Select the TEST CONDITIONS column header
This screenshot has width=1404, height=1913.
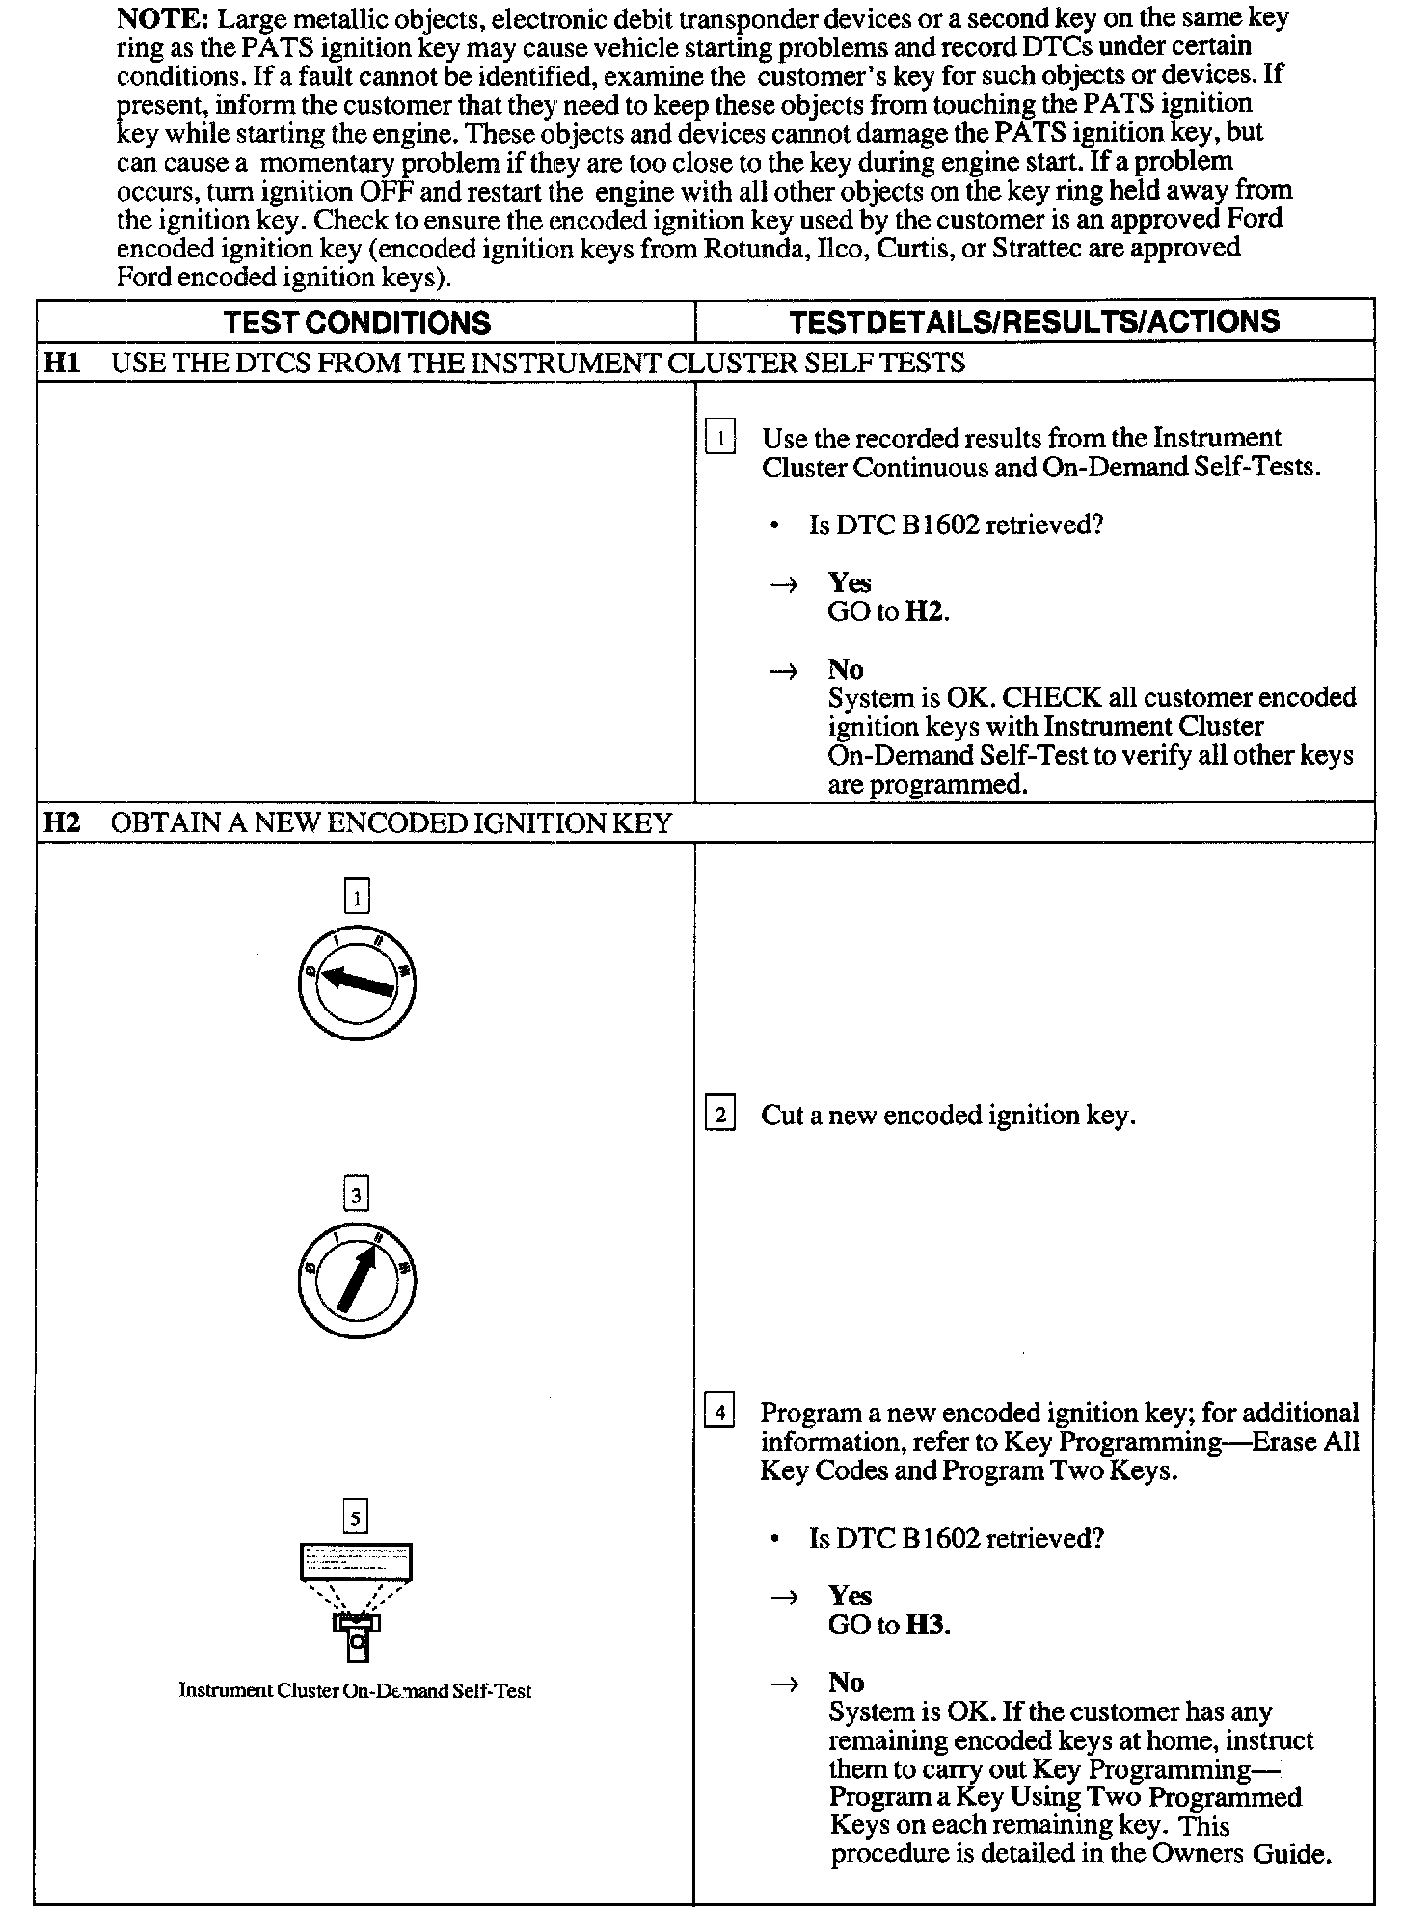[x=357, y=322]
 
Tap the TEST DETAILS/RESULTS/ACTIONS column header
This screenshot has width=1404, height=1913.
[x=1035, y=322]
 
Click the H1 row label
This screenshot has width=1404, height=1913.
[x=62, y=364]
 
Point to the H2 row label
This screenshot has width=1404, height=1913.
[x=62, y=823]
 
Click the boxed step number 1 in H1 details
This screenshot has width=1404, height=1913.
[x=720, y=439]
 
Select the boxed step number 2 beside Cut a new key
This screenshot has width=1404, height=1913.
[x=720, y=1116]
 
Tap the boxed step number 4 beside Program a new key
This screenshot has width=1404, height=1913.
[x=719, y=1414]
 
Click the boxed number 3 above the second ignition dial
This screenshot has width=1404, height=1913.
[x=357, y=1197]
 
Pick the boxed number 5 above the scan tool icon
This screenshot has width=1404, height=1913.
[x=356, y=1520]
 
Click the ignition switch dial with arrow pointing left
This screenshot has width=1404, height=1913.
[x=357, y=983]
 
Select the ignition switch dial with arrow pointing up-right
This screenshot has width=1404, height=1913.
[x=357, y=1280]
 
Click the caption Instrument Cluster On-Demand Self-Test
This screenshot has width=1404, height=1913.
[x=355, y=1690]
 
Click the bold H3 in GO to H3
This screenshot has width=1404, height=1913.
[x=927, y=1626]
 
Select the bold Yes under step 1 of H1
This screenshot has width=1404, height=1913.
[x=850, y=583]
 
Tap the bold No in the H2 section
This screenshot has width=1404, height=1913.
[x=846, y=1683]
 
